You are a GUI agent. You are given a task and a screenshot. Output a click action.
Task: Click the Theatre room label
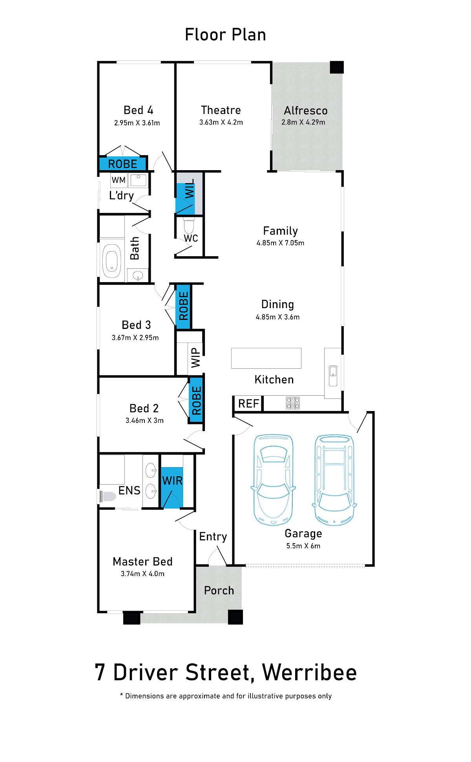[x=221, y=110]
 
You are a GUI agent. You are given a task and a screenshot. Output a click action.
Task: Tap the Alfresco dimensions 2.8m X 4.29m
[x=303, y=122]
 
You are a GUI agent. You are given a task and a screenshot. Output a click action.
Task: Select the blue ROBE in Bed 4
[x=122, y=163]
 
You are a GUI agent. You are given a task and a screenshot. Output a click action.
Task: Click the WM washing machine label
[x=119, y=180]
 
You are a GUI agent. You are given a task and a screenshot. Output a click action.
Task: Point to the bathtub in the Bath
[x=111, y=261]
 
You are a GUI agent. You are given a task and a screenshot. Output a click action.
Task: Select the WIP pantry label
[x=195, y=357]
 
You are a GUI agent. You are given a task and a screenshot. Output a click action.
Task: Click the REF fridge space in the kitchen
[x=248, y=404]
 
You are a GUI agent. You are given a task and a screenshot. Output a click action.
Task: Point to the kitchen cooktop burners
[x=293, y=403]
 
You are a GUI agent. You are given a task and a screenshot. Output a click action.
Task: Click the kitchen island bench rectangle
[x=266, y=358]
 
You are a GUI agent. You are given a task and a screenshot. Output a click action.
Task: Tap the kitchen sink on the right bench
[x=333, y=376]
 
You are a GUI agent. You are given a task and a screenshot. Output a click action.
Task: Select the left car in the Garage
[x=273, y=480]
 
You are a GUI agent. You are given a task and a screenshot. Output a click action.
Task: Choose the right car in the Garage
[x=334, y=480]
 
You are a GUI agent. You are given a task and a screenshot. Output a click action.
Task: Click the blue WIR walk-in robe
[x=172, y=488]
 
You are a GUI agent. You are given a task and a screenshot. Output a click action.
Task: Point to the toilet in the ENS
[x=107, y=496]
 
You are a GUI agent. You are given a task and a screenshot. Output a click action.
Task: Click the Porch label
[x=219, y=590]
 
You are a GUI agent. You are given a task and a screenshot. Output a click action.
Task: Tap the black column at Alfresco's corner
[x=337, y=67]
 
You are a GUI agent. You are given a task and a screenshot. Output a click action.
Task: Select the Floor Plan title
[x=225, y=35]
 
